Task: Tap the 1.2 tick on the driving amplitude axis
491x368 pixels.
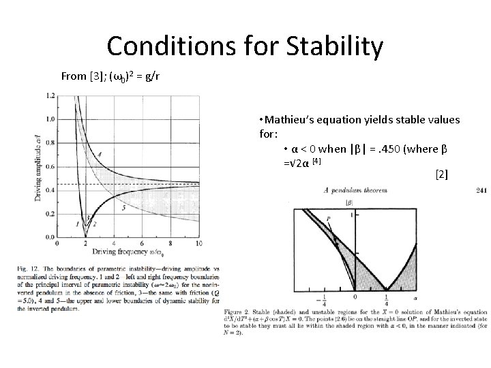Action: coord(50,96)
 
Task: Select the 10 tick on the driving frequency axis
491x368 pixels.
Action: coord(198,243)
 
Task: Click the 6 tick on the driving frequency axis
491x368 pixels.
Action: coord(142,243)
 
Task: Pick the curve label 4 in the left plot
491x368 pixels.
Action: coord(100,155)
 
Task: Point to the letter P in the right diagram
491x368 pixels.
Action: coord(329,218)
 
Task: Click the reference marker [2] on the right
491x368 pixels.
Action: coord(441,174)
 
